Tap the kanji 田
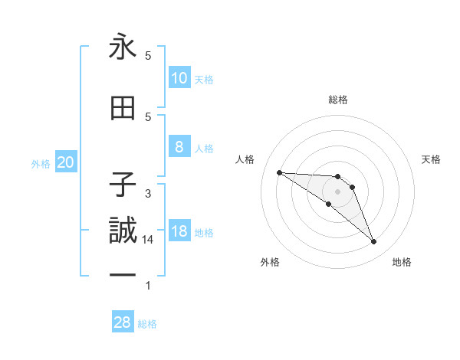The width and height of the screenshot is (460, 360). (x=123, y=109)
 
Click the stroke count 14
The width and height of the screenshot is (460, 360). (x=148, y=240)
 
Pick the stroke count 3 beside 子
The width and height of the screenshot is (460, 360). (x=148, y=193)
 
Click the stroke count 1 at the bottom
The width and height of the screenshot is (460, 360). (x=148, y=286)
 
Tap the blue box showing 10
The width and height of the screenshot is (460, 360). (x=179, y=78)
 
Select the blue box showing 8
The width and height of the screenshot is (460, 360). (x=179, y=147)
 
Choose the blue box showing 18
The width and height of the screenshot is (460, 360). (x=179, y=231)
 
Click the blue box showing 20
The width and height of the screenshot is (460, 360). (x=65, y=162)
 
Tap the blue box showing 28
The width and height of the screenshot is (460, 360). (x=123, y=322)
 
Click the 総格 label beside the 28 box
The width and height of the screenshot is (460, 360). (x=147, y=324)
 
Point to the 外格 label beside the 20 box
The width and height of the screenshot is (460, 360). (x=41, y=164)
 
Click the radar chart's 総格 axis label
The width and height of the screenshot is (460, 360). (x=337, y=100)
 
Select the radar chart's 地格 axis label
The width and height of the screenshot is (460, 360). (x=402, y=262)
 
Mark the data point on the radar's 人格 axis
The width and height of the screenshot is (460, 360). (x=279, y=172)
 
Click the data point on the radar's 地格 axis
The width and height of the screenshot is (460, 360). (x=373, y=242)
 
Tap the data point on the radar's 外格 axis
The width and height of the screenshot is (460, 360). (x=328, y=204)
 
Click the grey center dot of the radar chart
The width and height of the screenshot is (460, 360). (x=337, y=191)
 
